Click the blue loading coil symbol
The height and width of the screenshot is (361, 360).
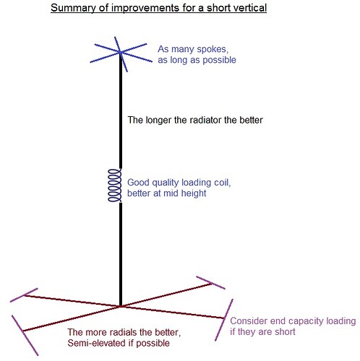click(x=115, y=186)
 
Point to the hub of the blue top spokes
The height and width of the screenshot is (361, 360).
click(x=120, y=52)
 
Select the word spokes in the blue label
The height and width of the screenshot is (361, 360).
click(x=213, y=49)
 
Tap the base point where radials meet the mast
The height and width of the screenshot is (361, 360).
click(x=121, y=306)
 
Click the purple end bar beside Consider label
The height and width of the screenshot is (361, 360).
click(x=224, y=320)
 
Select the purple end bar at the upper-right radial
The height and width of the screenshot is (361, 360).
click(x=210, y=282)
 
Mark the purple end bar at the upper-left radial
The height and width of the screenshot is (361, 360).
click(x=24, y=295)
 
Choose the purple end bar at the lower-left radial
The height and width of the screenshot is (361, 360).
click(x=25, y=335)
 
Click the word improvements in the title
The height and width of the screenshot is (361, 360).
click(x=145, y=8)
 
